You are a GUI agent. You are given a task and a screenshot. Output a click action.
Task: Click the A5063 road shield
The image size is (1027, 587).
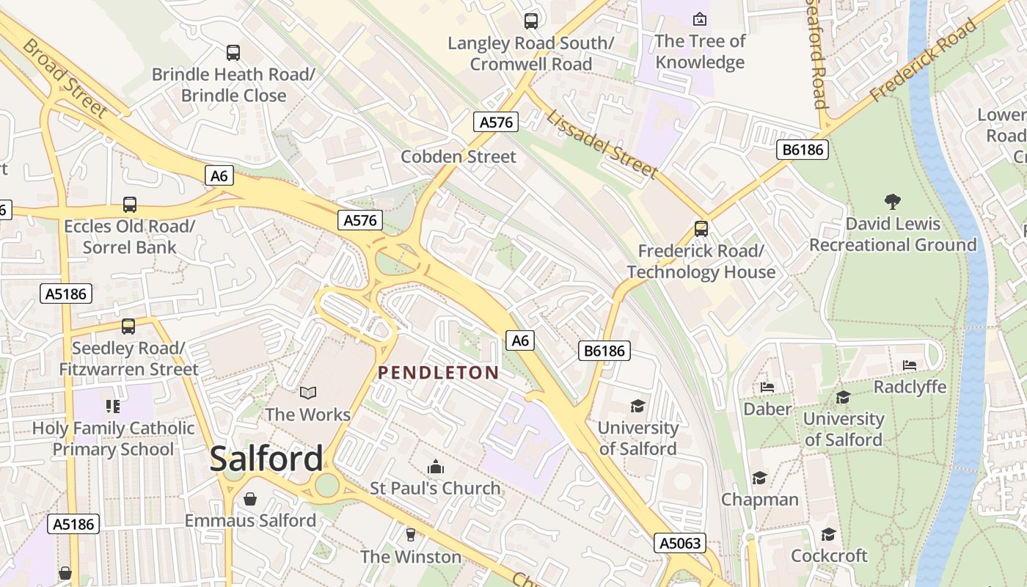coord(680,543)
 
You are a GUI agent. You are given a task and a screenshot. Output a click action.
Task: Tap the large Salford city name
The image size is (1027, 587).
coord(266,459)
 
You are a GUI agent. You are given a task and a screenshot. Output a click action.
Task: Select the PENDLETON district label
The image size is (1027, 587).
coord(438,373)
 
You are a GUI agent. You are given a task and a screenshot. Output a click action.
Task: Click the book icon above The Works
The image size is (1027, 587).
coord(307,393)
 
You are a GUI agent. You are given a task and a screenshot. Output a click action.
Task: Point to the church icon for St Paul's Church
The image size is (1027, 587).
coord(436,467)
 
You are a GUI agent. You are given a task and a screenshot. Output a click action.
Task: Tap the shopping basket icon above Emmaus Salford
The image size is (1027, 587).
coord(250,500)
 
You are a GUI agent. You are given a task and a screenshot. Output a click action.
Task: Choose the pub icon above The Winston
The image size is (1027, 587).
coord(411,535)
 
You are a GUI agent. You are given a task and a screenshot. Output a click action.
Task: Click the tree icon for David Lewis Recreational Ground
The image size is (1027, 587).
coord(892,202)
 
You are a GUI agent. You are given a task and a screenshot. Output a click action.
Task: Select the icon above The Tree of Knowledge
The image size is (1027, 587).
coord(700,19)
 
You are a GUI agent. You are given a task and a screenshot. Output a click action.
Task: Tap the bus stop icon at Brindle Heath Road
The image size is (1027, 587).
coord(233,53)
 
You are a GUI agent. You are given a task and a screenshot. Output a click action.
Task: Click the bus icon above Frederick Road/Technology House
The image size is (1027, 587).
coord(701,229)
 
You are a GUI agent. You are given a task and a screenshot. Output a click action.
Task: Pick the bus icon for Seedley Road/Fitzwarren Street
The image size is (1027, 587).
coord(128,327)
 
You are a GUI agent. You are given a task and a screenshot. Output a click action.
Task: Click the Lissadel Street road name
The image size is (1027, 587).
coord(602,145)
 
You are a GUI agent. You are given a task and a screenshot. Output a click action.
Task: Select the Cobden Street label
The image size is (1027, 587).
coord(458,156)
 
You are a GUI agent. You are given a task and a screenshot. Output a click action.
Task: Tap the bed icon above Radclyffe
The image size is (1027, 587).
coord(910,365)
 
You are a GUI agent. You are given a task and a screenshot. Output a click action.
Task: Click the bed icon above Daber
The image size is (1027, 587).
coord(767,387)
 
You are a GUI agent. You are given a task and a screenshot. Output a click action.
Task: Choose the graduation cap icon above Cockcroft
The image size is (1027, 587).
coord(828,534)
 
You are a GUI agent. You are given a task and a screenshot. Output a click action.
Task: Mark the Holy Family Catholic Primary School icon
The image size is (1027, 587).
coord(112,406)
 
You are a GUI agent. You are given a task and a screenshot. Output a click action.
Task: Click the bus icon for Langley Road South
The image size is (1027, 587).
coord(530,21)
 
